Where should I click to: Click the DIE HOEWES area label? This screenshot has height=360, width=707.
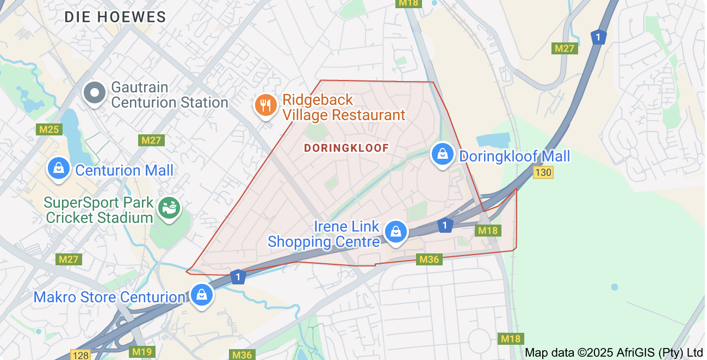tap(115, 17)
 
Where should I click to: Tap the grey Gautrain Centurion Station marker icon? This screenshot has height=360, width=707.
tap(95, 93)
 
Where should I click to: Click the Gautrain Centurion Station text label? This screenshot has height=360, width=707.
tap(169, 95)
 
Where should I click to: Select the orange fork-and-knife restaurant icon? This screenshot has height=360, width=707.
tap(265, 104)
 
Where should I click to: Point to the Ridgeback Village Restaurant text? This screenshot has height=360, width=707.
tap(344, 108)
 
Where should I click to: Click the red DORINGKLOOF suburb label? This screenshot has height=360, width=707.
tap(346, 148)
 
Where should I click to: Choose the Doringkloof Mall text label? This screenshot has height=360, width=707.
tap(514, 157)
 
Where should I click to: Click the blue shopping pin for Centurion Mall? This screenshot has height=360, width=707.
tap(59, 169)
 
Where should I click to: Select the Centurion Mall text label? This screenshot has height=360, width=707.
tap(124, 170)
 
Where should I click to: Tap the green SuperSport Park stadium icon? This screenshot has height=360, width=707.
tap(170, 208)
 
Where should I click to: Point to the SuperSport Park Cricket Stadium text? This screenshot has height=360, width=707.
tap(98, 210)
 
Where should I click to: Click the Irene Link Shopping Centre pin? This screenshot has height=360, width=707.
tap(396, 232)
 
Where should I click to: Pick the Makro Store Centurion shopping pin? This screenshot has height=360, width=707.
tap(202, 295)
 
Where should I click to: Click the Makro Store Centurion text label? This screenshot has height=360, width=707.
tap(109, 297)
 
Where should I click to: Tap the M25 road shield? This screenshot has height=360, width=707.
tap(49, 129)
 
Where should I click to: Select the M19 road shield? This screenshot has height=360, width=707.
tap(142, 352)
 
